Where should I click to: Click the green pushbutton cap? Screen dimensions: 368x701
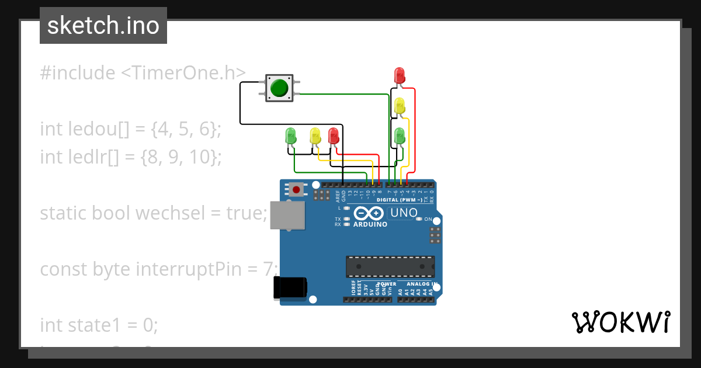(279, 88)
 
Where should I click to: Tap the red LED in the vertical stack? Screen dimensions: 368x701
(400, 75)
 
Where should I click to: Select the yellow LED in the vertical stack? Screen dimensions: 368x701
(400, 106)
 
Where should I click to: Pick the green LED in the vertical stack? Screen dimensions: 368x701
(400, 136)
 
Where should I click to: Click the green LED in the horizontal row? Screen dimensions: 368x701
(290, 136)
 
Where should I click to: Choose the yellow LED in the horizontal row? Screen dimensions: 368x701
(315, 136)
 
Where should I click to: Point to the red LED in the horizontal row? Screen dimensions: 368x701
(334, 136)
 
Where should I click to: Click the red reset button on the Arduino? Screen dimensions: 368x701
(296, 189)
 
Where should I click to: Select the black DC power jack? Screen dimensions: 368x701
(290, 288)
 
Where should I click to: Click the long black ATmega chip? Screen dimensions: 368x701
(390, 266)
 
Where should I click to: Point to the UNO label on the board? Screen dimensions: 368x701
(404, 213)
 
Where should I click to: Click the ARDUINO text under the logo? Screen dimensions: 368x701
(370, 224)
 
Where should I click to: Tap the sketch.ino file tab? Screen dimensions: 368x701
(103, 26)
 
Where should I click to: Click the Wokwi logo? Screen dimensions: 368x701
(620, 322)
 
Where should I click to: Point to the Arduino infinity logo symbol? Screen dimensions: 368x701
(368, 213)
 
